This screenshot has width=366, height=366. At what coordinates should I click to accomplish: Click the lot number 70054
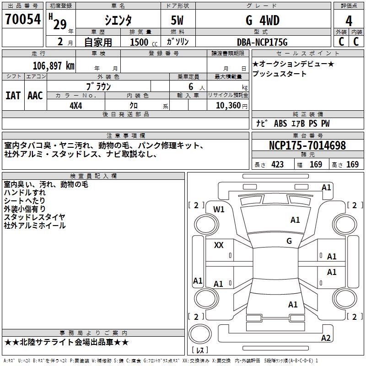pyautogui.click(x=22, y=20)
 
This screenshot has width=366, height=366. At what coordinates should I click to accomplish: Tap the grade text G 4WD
pyautogui.click(x=262, y=21)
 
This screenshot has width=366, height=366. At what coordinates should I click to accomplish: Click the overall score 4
pyautogui.click(x=349, y=21)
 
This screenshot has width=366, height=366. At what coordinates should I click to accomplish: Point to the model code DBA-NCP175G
pyautogui.click(x=262, y=42)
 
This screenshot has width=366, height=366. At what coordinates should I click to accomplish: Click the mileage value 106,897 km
pyautogui.click(x=54, y=65)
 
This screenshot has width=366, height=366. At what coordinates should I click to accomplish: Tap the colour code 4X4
pyautogui.click(x=76, y=105)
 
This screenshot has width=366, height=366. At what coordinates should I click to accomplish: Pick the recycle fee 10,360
pyautogui.click(x=226, y=105)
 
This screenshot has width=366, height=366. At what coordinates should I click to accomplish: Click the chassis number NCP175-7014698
pyautogui.click(x=307, y=146)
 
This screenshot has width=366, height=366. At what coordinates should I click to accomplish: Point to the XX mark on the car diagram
pyautogui.click(x=219, y=245)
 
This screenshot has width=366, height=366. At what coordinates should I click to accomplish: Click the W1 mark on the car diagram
pyautogui.click(x=219, y=210)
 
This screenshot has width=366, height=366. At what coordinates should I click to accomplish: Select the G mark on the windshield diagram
pyautogui.click(x=289, y=241)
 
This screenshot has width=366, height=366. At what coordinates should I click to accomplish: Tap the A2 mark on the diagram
pyautogui.click(x=326, y=338)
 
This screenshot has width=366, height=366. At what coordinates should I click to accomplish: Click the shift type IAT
pyautogui.click(x=13, y=95)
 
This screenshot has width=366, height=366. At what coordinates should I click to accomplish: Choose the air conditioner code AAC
pyautogui.click(x=35, y=95)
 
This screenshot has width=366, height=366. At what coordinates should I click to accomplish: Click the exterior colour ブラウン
pyautogui.click(x=99, y=86)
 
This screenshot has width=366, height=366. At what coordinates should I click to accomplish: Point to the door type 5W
pyautogui.click(x=178, y=21)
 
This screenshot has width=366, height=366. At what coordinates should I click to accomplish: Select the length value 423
pyautogui.click(x=277, y=165)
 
